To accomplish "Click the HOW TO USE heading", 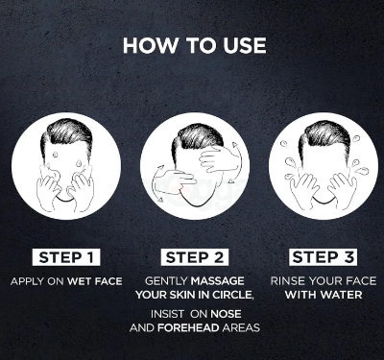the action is tap(195, 45).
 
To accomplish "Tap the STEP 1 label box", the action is tap(66, 257).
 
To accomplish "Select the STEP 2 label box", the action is tap(195, 257).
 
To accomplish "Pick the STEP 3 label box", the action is tap(323, 257).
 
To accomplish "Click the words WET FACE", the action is tap(95, 281).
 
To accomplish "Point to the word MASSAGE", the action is tap(218, 281).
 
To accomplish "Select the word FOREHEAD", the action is tap(188, 327).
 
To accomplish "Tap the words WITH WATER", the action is tap(324, 295).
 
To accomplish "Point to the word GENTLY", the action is tap(166, 281).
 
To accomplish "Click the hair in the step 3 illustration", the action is tap(324, 135).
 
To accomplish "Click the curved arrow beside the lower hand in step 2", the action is tap(155, 184).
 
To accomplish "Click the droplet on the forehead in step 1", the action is tap(56, 155).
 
